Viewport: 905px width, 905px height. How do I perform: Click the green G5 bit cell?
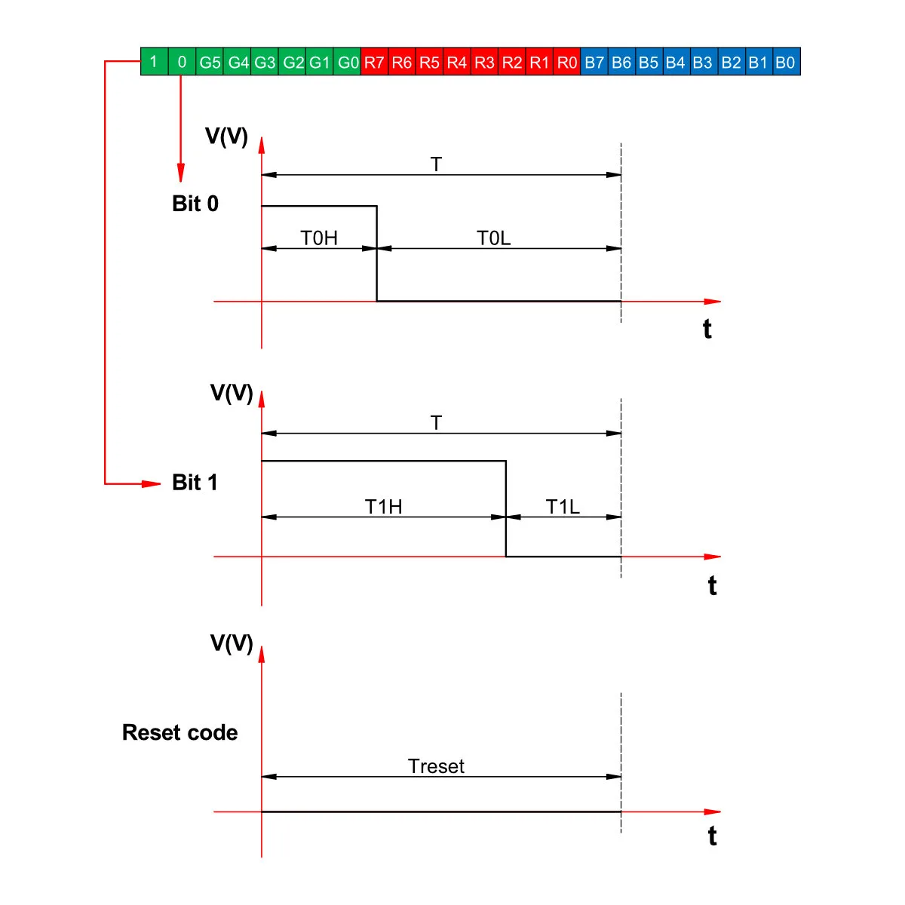(210, 61)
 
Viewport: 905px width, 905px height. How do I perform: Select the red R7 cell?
(374, 61)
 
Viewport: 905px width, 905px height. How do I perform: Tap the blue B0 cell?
(786, 61)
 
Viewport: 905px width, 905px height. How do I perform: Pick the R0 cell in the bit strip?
(567, 61)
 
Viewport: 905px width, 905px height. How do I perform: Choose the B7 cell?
(594, 61)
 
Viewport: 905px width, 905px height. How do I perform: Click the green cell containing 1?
(155, 61)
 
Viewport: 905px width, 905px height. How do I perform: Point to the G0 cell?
(347, 61)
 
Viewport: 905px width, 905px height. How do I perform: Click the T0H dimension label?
(319, 238)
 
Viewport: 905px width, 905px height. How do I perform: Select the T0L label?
(493, 238)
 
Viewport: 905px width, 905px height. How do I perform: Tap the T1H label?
(384, 507)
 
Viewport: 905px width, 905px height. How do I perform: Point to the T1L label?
(563, 507)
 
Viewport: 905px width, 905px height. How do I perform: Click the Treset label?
(436, 766)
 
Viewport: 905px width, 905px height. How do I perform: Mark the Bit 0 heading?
(195, 204)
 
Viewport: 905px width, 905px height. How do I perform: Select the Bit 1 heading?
(195, 483)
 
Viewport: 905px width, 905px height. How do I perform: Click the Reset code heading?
(180, 732)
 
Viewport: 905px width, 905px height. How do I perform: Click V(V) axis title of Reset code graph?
(232, 643)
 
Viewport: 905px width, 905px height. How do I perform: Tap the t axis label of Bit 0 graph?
(707, 329)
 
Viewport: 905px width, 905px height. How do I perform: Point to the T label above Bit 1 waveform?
(437, 422)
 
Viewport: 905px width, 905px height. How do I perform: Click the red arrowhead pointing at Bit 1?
(152, 483)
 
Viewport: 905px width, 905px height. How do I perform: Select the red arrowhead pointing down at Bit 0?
(181, 173)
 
